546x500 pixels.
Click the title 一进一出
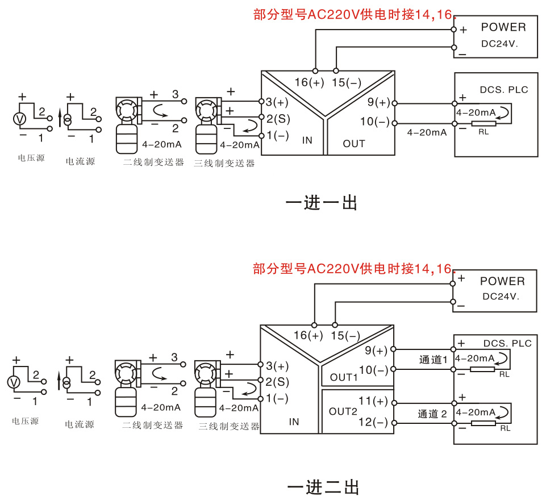pyautogui.click(x=321, y=202)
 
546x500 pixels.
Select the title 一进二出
pyautogui.click(x=323, y=486)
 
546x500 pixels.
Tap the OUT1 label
pyautogui.click(x=344, y=377)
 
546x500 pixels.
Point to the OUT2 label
pyautogui.click(x=343, y=411)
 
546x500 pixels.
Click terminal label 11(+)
pyautogui.click(x=373, y=401)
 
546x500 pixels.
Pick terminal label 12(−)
pyautogui.click(x=373, y=422)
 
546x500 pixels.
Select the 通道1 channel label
pyautogui.click(x=434, y=359)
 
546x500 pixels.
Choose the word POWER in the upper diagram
pyautogui.click(x=503, y=27)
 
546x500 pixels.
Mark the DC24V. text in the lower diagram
pyautogui.click(x=501, y=296)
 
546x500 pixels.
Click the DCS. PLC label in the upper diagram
pyautogui.click(x=504, y=90)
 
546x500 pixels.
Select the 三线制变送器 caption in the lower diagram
pyautogui.click(x=229, y=426)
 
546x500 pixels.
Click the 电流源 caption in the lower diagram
pyautogui.click(x=80, y=424)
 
